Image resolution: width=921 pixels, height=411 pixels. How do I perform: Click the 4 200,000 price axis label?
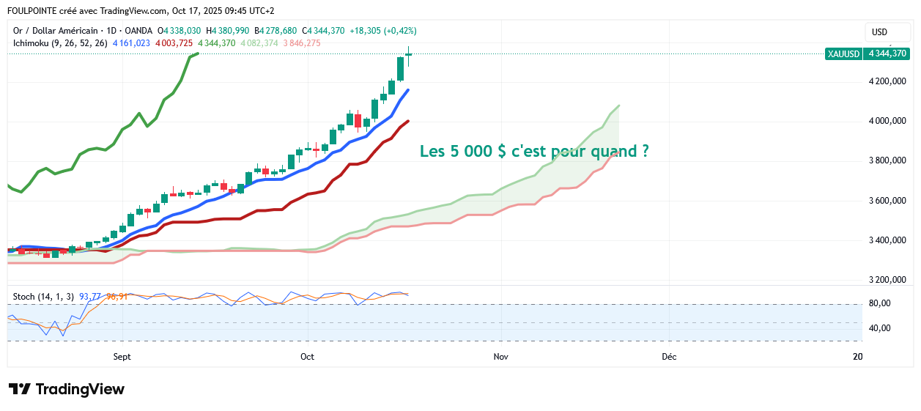(x=886, y=81)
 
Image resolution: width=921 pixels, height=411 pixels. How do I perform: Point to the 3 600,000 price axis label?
(x=886, y=201)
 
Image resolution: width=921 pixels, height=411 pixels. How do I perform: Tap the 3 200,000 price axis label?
(x=886, y=280)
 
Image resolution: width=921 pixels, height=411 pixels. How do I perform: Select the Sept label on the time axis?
(x=122, y=357)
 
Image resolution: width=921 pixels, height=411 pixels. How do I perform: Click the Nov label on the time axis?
(x=500, y=357)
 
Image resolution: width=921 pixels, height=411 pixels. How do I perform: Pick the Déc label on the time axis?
(x=669, y=357)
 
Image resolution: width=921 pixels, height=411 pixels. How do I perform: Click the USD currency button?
(x=879, y=32)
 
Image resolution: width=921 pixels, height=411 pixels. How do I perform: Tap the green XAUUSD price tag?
(x=867, y=53)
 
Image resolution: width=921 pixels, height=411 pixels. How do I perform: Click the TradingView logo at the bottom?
(x=67, y=389)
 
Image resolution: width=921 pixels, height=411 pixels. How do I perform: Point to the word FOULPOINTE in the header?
(x=32, y=11)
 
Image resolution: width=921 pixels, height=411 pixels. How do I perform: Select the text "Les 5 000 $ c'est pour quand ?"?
(x=533, y=152)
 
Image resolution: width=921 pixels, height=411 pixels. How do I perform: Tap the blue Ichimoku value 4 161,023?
(x=131, y=43)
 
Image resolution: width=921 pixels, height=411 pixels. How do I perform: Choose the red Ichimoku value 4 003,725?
(x=174, y=43)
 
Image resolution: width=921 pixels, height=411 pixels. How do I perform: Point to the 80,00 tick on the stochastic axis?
(x=879, y=303)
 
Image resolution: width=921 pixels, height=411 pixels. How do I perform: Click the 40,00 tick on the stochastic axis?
(x=879, y=328)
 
